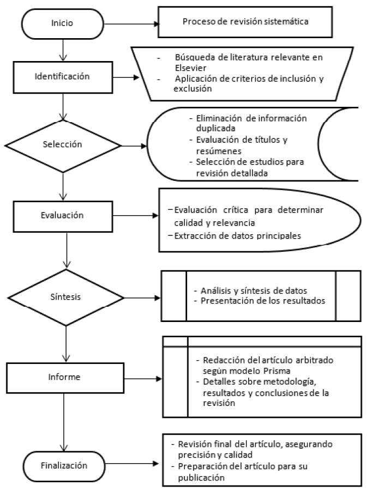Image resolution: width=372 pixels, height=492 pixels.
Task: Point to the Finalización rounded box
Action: (x=64, y=466)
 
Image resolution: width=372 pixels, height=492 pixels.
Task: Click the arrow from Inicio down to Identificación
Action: (x=64, y=51)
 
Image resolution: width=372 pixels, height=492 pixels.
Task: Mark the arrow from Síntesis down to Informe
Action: (x=64, y=340)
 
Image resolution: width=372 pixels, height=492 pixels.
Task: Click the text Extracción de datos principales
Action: (x=235, y=235)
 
